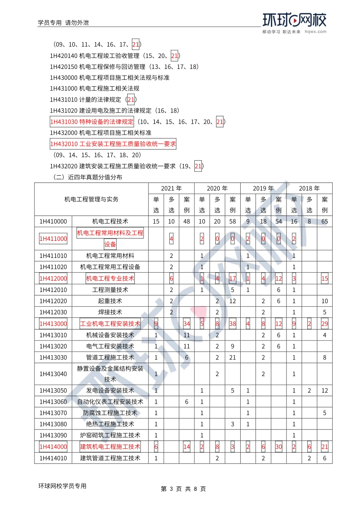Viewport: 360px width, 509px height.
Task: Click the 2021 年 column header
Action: (171, 188)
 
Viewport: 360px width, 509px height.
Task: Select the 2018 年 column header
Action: (309, 188)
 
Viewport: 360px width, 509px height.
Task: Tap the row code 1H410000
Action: (53, 222)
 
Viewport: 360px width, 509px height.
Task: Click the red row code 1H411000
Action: (53, 239)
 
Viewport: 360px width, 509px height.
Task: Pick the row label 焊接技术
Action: (110, 312)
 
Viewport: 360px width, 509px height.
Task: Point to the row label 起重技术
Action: (110, 301)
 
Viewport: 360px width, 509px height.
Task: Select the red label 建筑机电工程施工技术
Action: (110, 447)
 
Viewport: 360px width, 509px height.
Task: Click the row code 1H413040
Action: (53, 374)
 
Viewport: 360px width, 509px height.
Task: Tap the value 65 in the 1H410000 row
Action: (325, 222)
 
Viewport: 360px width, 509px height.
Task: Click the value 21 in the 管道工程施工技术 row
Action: (233, 358)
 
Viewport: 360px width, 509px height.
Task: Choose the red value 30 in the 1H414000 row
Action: (279, 447)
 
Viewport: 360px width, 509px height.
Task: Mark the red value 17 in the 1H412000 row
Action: (233, 279)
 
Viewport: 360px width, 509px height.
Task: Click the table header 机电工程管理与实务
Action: (91, 199)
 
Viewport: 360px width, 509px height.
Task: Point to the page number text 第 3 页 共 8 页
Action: (183, 489)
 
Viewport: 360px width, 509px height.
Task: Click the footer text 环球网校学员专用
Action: (62, 486)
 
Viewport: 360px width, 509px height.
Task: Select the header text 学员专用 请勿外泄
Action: (63, 23)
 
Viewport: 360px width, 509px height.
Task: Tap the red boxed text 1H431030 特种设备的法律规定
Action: (92, 122)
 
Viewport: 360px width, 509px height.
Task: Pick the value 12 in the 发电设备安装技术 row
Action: (325, 391)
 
